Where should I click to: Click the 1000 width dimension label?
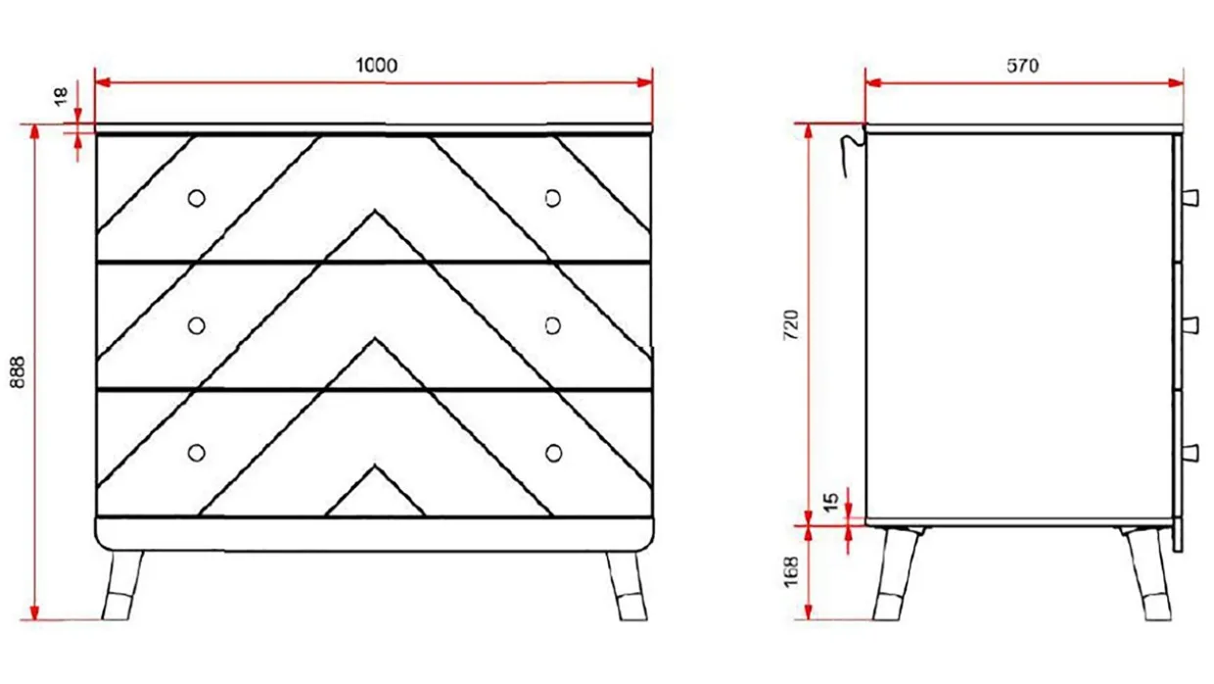click(377, 66)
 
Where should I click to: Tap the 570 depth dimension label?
click(1023, 66)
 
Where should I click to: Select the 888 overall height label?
click(18, 372)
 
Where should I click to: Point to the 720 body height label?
click(791, 325)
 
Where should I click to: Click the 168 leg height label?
click(791, 571)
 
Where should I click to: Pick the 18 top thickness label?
click(61, 97)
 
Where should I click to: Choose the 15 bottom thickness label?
click(831, 502)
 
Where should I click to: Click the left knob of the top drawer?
click(197, 199)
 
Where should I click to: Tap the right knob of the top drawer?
click(553, 199)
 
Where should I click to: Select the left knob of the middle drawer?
click(197, 326)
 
